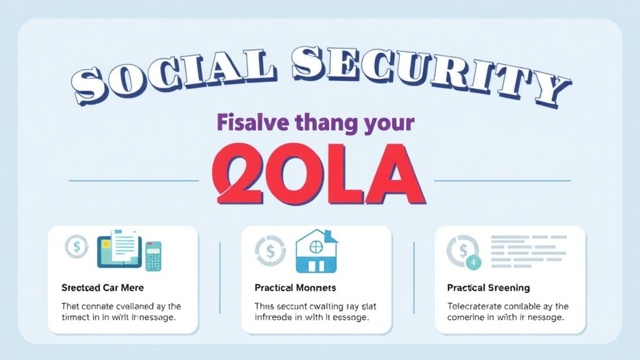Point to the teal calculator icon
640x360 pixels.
[x=153, y=256]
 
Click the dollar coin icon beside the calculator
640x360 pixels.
[x=77, y=247]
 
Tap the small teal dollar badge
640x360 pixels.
[x=474, y=262]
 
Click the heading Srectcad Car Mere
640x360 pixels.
[x=102, y=288]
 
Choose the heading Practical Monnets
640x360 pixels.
[x=295, y=288]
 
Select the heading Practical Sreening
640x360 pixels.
[x=488, y=288]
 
